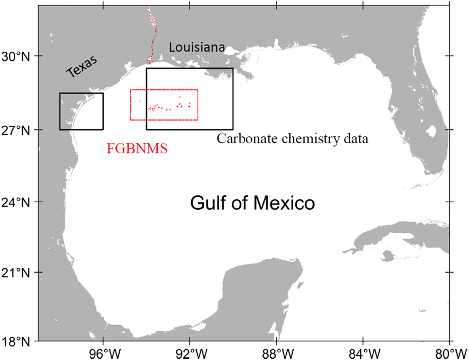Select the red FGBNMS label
coord(137,149)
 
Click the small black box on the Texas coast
coord(81,111)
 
